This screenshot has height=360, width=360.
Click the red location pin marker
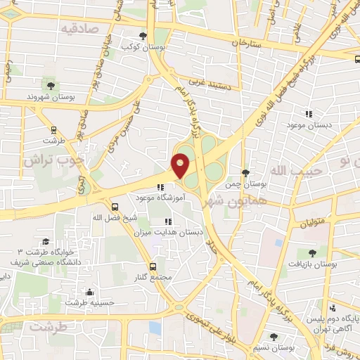(x=181, y=165)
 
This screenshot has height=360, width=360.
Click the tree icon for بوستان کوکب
(x=143, y=34)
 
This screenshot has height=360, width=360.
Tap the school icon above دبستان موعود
(x=308, y=114)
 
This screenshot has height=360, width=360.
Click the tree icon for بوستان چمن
(x=245, y=172)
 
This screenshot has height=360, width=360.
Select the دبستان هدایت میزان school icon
(x=167, y=221)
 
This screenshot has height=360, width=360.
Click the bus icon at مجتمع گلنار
(x=153, y=266)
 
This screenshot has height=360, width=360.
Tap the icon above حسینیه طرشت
(x=89, y=292)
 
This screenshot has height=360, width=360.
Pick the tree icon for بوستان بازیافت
(x=312, y=253)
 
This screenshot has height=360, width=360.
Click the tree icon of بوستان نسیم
(x=274, y=337)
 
